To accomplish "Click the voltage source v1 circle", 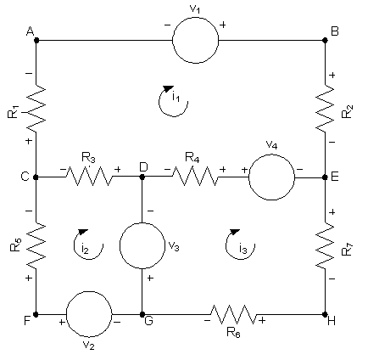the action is coord(173,40).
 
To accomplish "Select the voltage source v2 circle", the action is coord(66,314).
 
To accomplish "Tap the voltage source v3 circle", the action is coord(120,245).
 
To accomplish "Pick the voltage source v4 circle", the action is coord(248,177).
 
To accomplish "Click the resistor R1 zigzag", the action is coord(36,108).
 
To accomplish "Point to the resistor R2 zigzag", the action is coord(325,108).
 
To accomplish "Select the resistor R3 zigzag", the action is coord(89,177).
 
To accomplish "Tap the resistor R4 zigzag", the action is coord(195,177).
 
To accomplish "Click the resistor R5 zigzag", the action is coord(36,245).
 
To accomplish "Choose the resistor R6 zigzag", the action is coord(233,314).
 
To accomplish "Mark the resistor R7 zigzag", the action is coord(325,245).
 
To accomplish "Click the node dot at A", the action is coord(36,40).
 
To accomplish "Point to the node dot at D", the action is coord(142,177).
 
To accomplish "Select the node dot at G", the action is coord(142,314).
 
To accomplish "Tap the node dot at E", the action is coord(325,177).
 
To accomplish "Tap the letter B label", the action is coord(334,31).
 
